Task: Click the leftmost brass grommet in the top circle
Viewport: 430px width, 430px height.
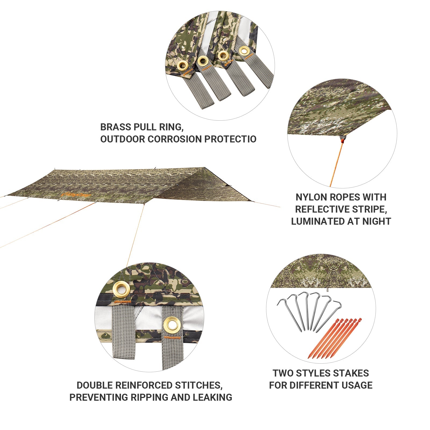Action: pos(183,65)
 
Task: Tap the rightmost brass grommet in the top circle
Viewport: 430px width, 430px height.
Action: pos(244,51)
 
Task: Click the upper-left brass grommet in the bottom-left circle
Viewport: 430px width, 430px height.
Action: pos(121,289)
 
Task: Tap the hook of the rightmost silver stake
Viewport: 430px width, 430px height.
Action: pos(337,304)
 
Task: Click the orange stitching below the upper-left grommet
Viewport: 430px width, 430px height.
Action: pos(122,302)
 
